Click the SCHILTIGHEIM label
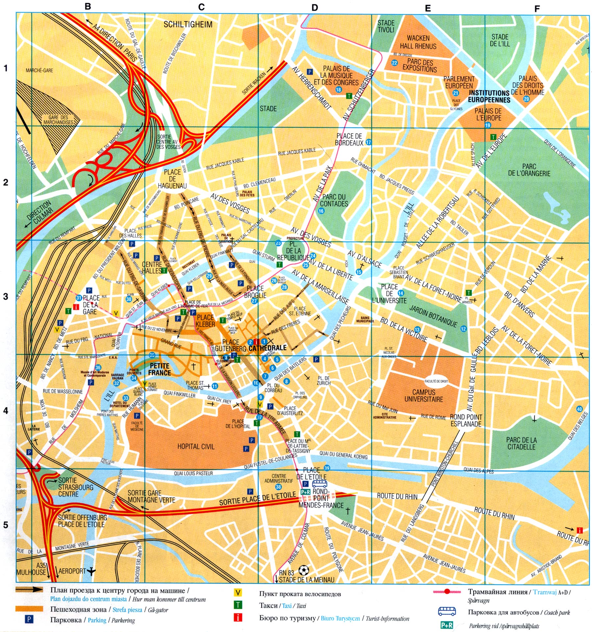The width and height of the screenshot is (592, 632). (188, 24)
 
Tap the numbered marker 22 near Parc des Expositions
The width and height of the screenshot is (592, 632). (394, 63)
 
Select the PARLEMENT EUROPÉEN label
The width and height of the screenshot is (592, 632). (459, 82)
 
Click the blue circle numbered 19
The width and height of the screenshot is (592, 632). (488, 125)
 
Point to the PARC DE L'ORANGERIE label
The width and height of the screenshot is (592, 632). (529, 170)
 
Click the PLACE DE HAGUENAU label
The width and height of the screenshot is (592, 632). (172, 179)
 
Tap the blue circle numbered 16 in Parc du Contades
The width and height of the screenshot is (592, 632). (321, 211)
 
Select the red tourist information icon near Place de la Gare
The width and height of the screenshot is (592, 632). (76, 307)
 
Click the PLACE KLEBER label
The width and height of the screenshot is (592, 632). (205, 321)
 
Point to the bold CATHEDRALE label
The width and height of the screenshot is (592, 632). (267, 348)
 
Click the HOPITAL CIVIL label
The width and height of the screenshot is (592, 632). (196, 447)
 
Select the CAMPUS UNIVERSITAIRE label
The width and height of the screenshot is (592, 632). (424, 396)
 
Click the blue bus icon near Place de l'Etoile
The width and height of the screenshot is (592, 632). (320, 484)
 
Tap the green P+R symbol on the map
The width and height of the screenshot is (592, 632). (305, 492)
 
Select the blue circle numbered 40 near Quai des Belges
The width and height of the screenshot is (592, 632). (579, 409)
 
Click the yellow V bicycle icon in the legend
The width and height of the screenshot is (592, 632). (237, 593)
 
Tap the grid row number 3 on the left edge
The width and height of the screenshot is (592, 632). (6, 297)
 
